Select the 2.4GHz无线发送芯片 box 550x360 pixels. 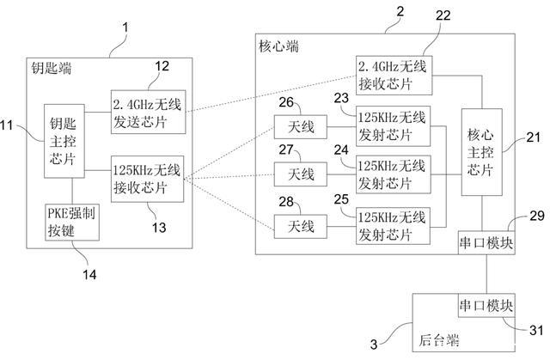(148, 111)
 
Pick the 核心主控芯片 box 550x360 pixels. (482, 153)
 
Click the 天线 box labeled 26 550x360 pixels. (300, 128)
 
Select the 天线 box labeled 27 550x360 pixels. (300, 175)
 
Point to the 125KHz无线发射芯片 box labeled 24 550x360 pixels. (394, 174)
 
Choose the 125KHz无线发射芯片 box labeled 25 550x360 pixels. (394, 226)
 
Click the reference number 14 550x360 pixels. (89, 274)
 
